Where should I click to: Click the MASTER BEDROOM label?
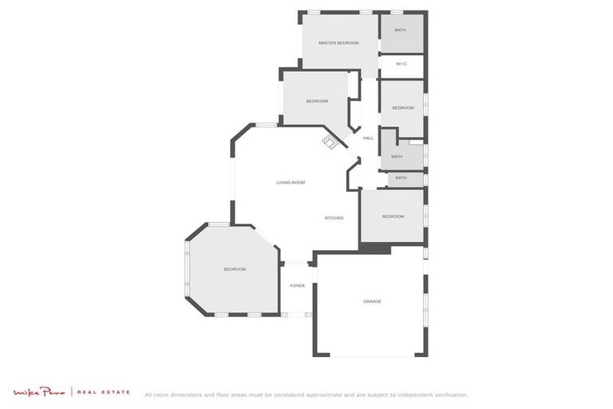point(338,43)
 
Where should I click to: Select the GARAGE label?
point(372,301)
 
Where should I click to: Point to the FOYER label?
point(297,285)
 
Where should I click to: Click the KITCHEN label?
point(334,217)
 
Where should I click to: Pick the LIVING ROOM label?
point(291,183)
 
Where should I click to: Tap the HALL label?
point(368,138)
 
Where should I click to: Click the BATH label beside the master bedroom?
point(400,30)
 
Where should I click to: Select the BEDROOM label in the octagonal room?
point(235,269)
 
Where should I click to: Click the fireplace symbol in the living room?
point(330,141)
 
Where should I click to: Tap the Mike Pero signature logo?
point(40,392)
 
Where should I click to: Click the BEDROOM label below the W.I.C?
point(403,108)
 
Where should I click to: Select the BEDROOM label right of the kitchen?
point(393,216)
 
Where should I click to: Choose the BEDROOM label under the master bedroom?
point(317,101)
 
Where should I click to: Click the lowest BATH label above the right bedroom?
point(401,178)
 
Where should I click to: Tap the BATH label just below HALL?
point(397,157)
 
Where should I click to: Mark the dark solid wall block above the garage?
point(375,249)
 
